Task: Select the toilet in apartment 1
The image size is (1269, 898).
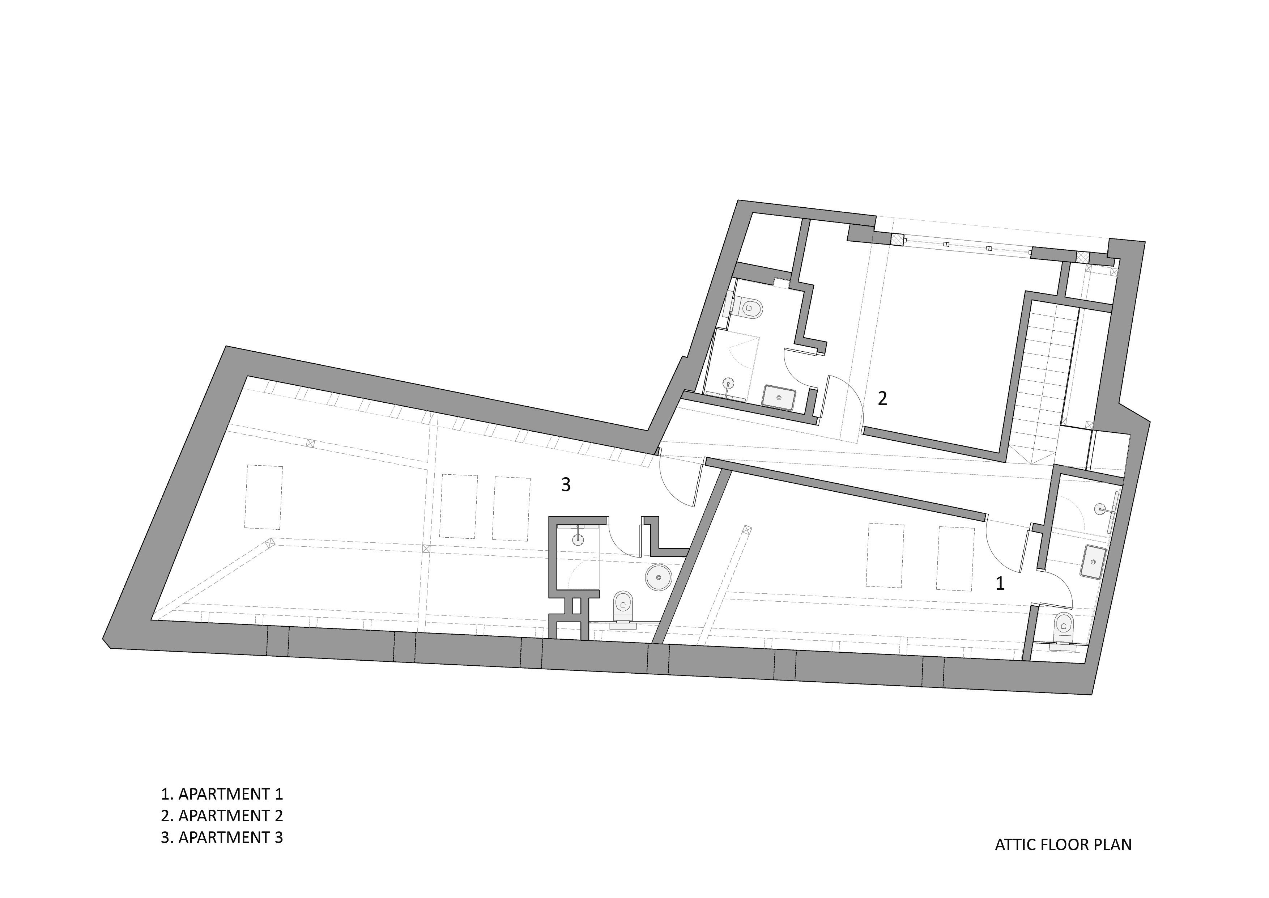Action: coord(1063,629)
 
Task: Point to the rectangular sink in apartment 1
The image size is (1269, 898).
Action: coord(1093,562)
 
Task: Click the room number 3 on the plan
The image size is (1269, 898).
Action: coord(565,485)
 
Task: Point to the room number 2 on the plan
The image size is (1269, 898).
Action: coord(882,398)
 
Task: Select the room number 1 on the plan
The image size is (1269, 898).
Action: coord(999,583)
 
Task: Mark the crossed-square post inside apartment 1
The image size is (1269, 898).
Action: coord(747,530)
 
